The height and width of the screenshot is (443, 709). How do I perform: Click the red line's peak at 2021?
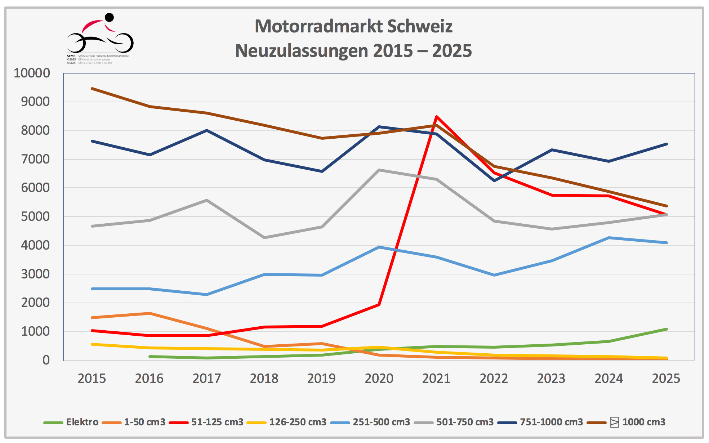click(436, 117)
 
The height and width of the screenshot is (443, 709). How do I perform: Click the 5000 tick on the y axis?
click(35, 216)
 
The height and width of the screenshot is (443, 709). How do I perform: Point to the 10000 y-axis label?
click(32, 73)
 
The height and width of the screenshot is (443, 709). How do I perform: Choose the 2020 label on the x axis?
click(379, 379)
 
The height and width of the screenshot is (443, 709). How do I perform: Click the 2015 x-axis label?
click(92, 379)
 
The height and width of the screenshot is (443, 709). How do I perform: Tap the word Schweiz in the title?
click(420, 26)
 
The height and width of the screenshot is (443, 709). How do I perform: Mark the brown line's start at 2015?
click(92, 89)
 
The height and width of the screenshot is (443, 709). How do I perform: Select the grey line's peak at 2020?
click(379, 170)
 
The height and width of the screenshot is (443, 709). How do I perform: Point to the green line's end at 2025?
click(666, 329)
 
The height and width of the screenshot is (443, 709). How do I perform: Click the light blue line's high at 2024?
click(609, 238)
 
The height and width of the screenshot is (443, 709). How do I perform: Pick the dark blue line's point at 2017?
click(207, 130)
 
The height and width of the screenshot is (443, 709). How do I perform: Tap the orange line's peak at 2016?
click(150, 313)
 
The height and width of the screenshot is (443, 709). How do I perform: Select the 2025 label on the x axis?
click(666, 379)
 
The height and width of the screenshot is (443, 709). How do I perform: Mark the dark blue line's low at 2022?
click(494, 180)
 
